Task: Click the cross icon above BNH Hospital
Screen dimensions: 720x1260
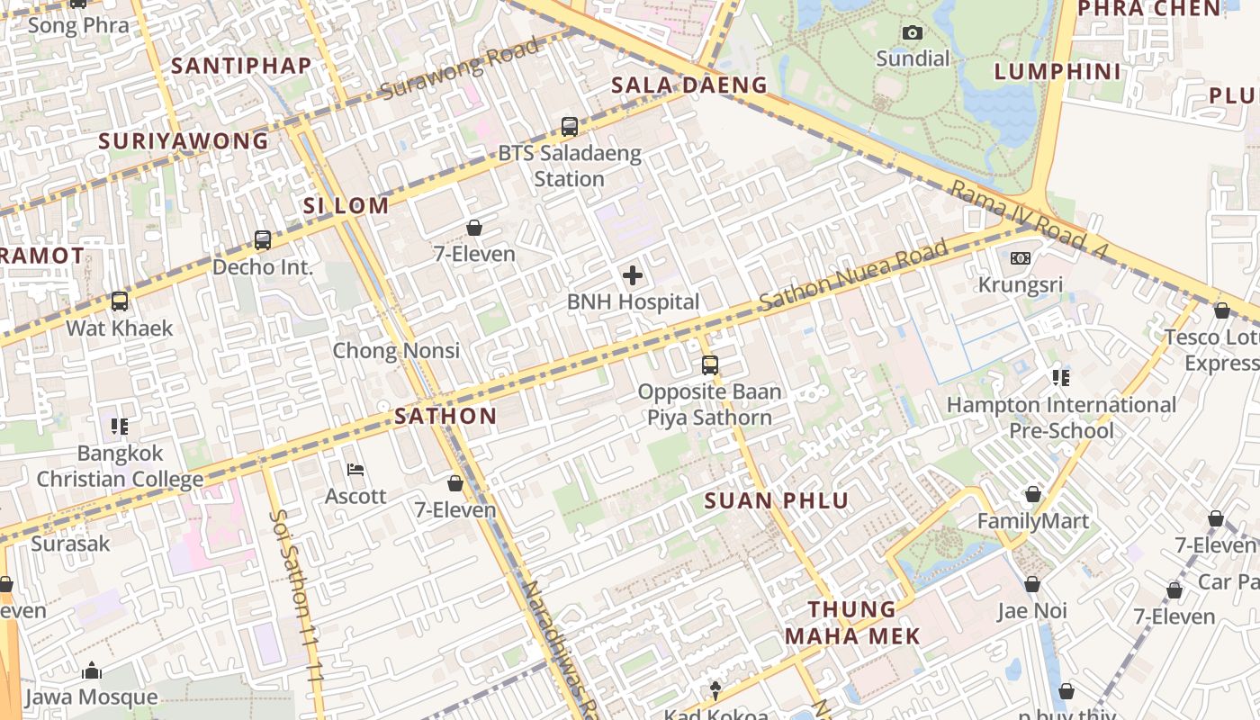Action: coord(633,275)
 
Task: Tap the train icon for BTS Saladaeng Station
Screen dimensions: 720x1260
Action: coord(570,127)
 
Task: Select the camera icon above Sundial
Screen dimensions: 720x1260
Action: coord(913,33)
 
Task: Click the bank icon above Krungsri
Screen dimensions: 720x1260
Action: coord(1020,258)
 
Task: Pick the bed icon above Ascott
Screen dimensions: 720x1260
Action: coord(355,470)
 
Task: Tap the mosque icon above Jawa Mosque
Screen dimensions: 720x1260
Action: coord(91,671)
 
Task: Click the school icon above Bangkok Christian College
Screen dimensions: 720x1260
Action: coord(120,427)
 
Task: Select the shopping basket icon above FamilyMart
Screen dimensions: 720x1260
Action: coord(1033,495)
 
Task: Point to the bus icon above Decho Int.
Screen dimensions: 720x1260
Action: coord(263,240)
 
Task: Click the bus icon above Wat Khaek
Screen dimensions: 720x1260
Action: coord(120,301)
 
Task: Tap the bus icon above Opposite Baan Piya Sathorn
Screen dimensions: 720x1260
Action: coord(710,365)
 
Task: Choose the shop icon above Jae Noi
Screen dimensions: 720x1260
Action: coord(1032,585)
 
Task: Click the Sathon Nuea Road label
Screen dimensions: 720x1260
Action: coord(853,274)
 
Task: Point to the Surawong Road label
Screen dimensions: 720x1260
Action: coord(459,68)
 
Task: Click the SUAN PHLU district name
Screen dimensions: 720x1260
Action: coord(777,501)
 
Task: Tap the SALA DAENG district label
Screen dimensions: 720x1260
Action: coord(689,85)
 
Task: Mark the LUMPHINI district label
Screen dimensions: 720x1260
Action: coord(1057,72)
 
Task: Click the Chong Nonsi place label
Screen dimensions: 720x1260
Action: coord(396,351)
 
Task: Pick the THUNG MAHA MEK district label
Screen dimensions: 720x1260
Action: coord(852,623)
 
